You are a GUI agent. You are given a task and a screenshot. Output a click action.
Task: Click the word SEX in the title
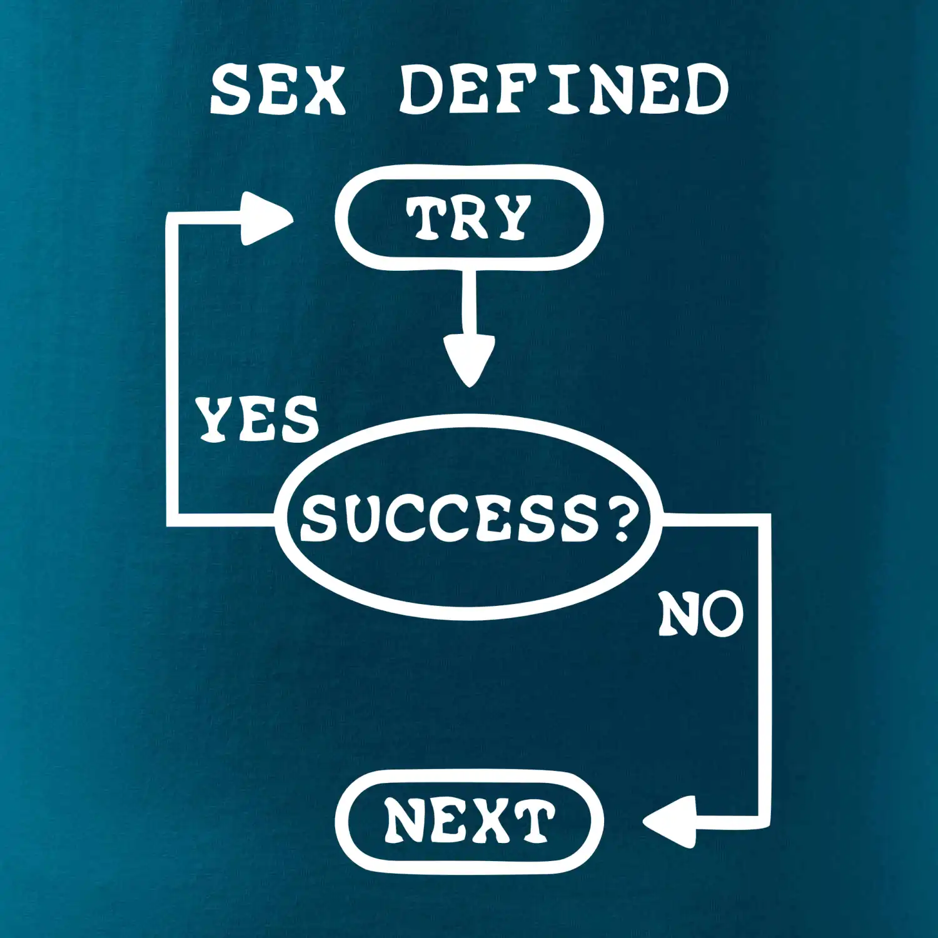278,91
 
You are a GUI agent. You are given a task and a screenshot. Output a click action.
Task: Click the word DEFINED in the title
563,91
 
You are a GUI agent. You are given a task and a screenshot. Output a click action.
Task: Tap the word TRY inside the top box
468,218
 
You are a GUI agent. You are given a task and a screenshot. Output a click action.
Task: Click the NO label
700,614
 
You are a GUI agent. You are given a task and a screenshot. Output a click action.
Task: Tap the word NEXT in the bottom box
469,820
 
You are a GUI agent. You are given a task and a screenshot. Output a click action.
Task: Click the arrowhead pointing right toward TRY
266,218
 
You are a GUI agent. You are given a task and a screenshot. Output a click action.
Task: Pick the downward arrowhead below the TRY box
469,360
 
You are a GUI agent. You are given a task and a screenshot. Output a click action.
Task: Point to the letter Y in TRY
510,218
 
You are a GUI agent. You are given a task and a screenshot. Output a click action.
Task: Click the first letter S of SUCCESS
320,518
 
